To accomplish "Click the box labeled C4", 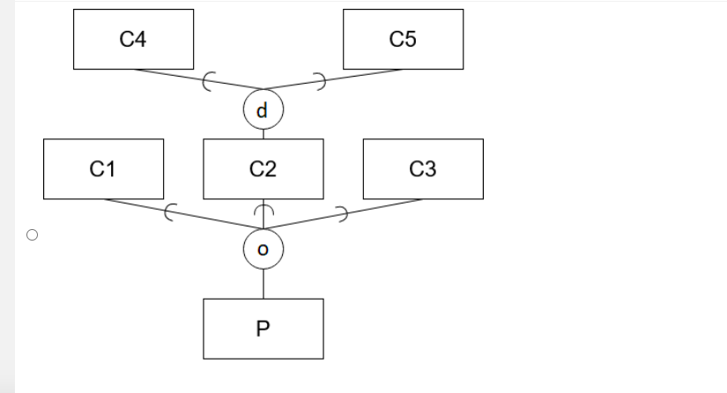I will click(133, 39).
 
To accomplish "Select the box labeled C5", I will click(403, 39).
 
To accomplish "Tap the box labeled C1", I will click(103, 168).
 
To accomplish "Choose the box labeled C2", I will click(263, 168).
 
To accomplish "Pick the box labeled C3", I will click(423, 168).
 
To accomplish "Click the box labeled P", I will click(263, 329).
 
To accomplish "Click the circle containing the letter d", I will click(263, 110).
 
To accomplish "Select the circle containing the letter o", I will click(263, 249).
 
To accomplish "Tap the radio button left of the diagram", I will click(32, 235).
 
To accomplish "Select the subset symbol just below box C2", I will click(263, 211).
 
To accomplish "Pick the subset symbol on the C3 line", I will click(342, 211).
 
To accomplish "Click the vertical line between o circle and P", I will click(263, 283).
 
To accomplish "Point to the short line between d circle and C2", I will click(263, 134).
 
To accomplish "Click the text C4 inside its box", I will click(132, 39).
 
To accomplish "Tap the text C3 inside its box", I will click(423, 169).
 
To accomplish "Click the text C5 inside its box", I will click(402, 39).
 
